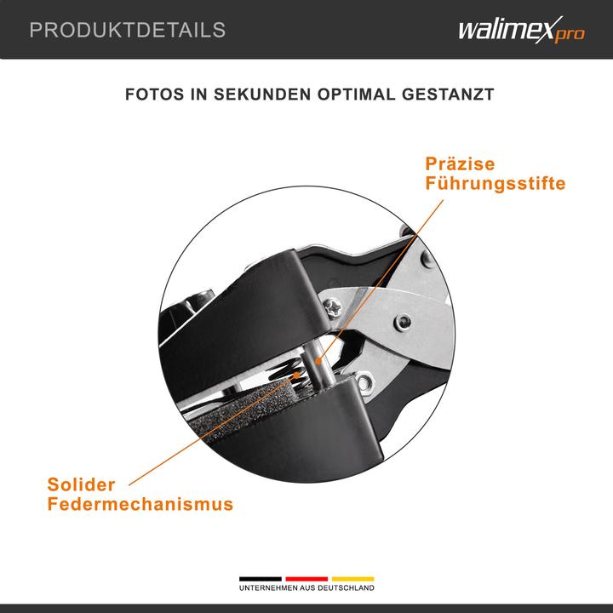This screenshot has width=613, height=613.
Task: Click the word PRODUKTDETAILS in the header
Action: [x=128, y=31]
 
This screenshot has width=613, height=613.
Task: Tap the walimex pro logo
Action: [x=521, y=32]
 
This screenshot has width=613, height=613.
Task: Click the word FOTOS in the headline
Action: [x=155, y=94]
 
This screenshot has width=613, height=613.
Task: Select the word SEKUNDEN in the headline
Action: [x=261, y=94]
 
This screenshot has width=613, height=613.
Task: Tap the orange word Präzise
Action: [x=460, y=163]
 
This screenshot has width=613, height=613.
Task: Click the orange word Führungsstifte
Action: [x=496, y=183]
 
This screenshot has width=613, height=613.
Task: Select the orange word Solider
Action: [x=81, y=484]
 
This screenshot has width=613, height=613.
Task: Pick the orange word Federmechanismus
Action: [x=140, y=504]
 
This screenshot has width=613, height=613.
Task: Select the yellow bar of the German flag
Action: [x=352, y=579]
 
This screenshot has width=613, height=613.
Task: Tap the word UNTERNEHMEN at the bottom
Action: [x=266, y=588]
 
